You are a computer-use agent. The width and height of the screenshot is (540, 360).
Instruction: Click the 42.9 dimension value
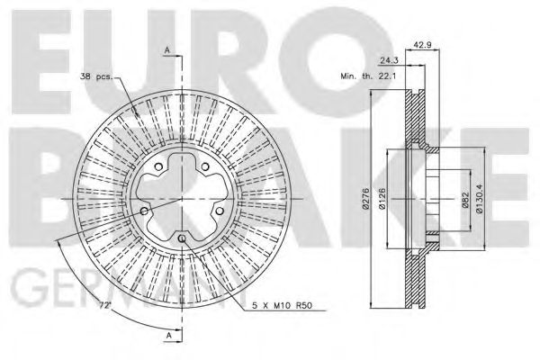(x=420, y=43)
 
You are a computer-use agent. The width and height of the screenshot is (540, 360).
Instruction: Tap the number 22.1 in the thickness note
(x=389, y=77)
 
